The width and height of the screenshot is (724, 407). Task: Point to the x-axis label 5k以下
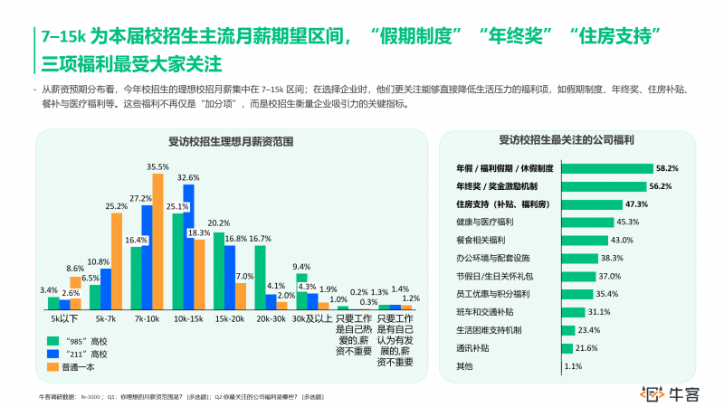[x=64, y=319]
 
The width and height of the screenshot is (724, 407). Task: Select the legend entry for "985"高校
[x=79, y=341]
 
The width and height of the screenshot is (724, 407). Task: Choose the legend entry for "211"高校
[x=79, y=354]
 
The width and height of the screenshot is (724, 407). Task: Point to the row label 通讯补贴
[x=473, y=348]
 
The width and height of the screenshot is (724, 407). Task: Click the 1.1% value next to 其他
[x=572, y=366]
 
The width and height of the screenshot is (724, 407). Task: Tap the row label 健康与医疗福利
[x=485, y=222]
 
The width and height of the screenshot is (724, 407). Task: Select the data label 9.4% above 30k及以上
[x=302, y=267]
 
